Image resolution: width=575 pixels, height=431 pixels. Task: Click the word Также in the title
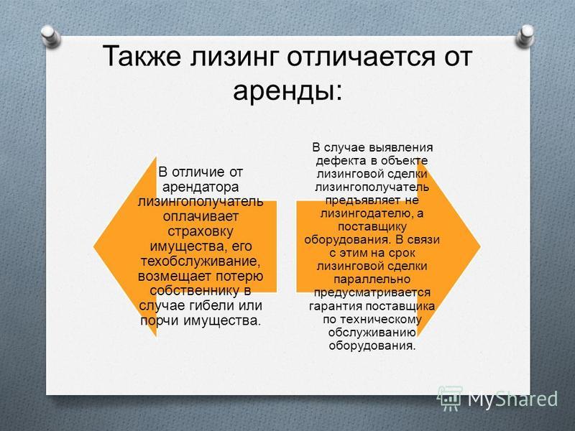click(142, 57)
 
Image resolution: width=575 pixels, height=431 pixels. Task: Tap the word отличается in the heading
click(359, 57)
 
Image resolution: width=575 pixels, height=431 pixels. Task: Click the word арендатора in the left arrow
click(201, 187)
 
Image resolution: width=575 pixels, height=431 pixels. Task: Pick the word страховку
click(201, 231)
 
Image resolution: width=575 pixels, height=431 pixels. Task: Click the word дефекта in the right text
click(341, 161)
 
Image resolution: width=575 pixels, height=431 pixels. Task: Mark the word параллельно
click(372, 279)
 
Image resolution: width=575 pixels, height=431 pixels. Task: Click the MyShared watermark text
click(512, 399)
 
